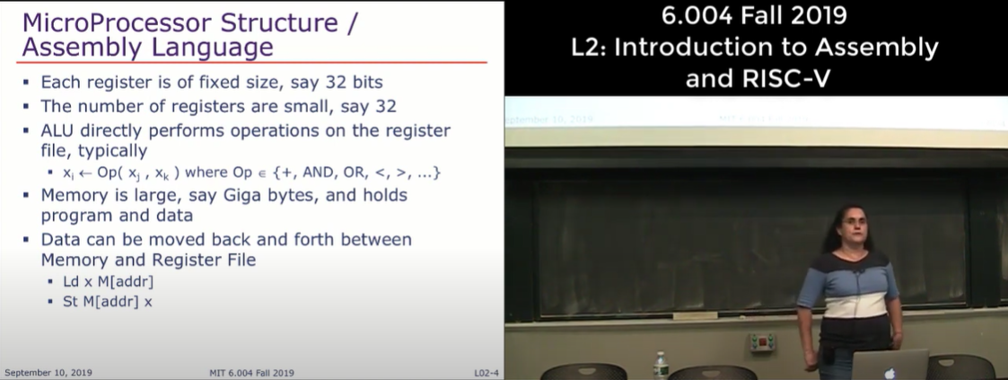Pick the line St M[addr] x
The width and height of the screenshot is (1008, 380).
point(108,301)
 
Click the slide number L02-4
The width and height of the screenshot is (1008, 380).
point(486,373)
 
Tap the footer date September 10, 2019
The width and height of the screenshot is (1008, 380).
point(48,373)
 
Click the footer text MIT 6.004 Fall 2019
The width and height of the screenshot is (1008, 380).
point(252,373)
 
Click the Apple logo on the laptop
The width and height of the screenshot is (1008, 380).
point(890,373)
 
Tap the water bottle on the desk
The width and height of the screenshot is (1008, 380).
point(661,366)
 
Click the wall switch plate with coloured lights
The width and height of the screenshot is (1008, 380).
point(762,342)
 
